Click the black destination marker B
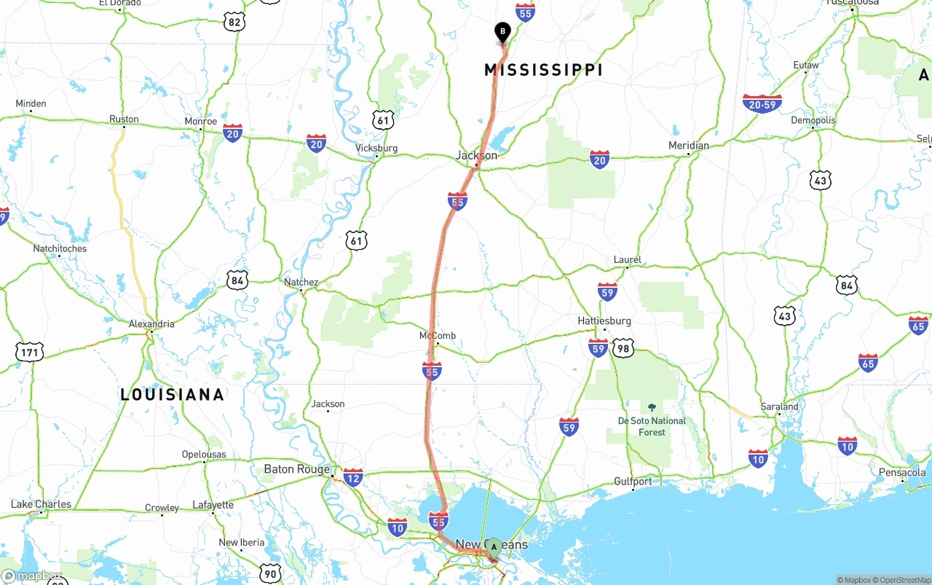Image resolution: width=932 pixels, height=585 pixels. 502,33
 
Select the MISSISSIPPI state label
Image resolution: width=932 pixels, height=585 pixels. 543,70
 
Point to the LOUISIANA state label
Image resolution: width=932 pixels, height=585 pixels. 172,395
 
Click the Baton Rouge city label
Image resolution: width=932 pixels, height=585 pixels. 296,469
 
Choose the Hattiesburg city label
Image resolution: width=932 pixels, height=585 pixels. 604,321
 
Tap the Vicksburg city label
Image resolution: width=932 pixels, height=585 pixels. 376,148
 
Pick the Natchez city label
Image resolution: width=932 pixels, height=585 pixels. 301,282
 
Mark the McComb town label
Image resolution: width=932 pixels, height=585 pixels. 438,336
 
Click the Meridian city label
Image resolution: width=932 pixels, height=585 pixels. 688,145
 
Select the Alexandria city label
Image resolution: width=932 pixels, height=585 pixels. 151,323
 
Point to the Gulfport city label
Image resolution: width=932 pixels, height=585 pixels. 633,482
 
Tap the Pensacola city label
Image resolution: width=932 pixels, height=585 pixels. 901,472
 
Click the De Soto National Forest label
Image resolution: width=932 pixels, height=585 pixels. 652,426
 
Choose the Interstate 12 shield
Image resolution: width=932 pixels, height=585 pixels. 353,477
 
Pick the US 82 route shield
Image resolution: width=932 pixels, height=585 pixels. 234,22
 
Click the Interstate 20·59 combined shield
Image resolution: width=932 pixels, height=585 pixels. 762,103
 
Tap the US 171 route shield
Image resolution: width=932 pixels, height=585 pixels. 29,353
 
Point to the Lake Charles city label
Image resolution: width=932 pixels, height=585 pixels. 41,504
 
